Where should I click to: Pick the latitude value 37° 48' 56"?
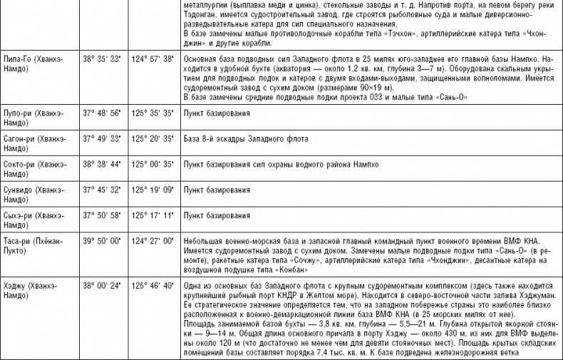104,113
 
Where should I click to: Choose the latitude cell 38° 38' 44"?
104,164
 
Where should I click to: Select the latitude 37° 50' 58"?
104,215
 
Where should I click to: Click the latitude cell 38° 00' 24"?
104,286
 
